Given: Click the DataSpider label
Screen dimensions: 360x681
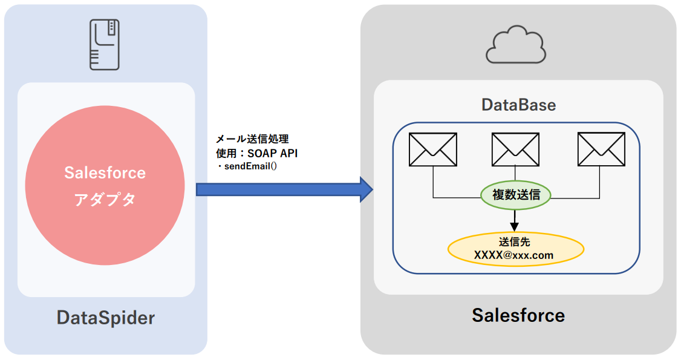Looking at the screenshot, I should pyautogui.click(x=106, y=318).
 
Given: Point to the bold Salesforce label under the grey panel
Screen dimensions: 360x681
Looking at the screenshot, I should pyautogui.click(x=518, y=315).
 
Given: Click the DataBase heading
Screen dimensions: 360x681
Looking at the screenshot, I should pyautogui.click(x=518, y=105).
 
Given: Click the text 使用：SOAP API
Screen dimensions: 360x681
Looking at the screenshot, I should pyautogui.click(x=256, y=153).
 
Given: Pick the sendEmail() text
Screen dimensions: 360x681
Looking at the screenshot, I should pyautogui.click(x=250, y=166).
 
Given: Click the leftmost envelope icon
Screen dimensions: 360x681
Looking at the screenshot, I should pyautogui.click(x=433, y=149).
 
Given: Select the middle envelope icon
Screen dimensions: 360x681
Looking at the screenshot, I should pyautogui.click(x=515, y=149).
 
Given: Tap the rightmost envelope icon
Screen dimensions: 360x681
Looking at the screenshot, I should pyautogui.click(x=601, y=149).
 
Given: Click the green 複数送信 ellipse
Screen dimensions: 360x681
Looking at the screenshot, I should pyautogui.click(x=515, y=195).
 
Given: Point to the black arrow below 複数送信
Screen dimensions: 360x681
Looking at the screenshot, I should pyautogui.click(x=515, y=219).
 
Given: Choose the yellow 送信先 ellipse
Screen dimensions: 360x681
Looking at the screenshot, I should pyautogui.click(x=515, y=249).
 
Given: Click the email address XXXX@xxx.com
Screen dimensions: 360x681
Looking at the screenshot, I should pyautogui.click(x=514, y=255).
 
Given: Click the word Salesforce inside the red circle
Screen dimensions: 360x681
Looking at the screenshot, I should pyautogui.click(x=105, y=173).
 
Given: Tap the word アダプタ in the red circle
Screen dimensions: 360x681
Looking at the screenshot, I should pyautogui.click(x=105, y=200).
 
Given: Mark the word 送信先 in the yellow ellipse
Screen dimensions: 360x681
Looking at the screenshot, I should pyautogui.click(x=515, y=242).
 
